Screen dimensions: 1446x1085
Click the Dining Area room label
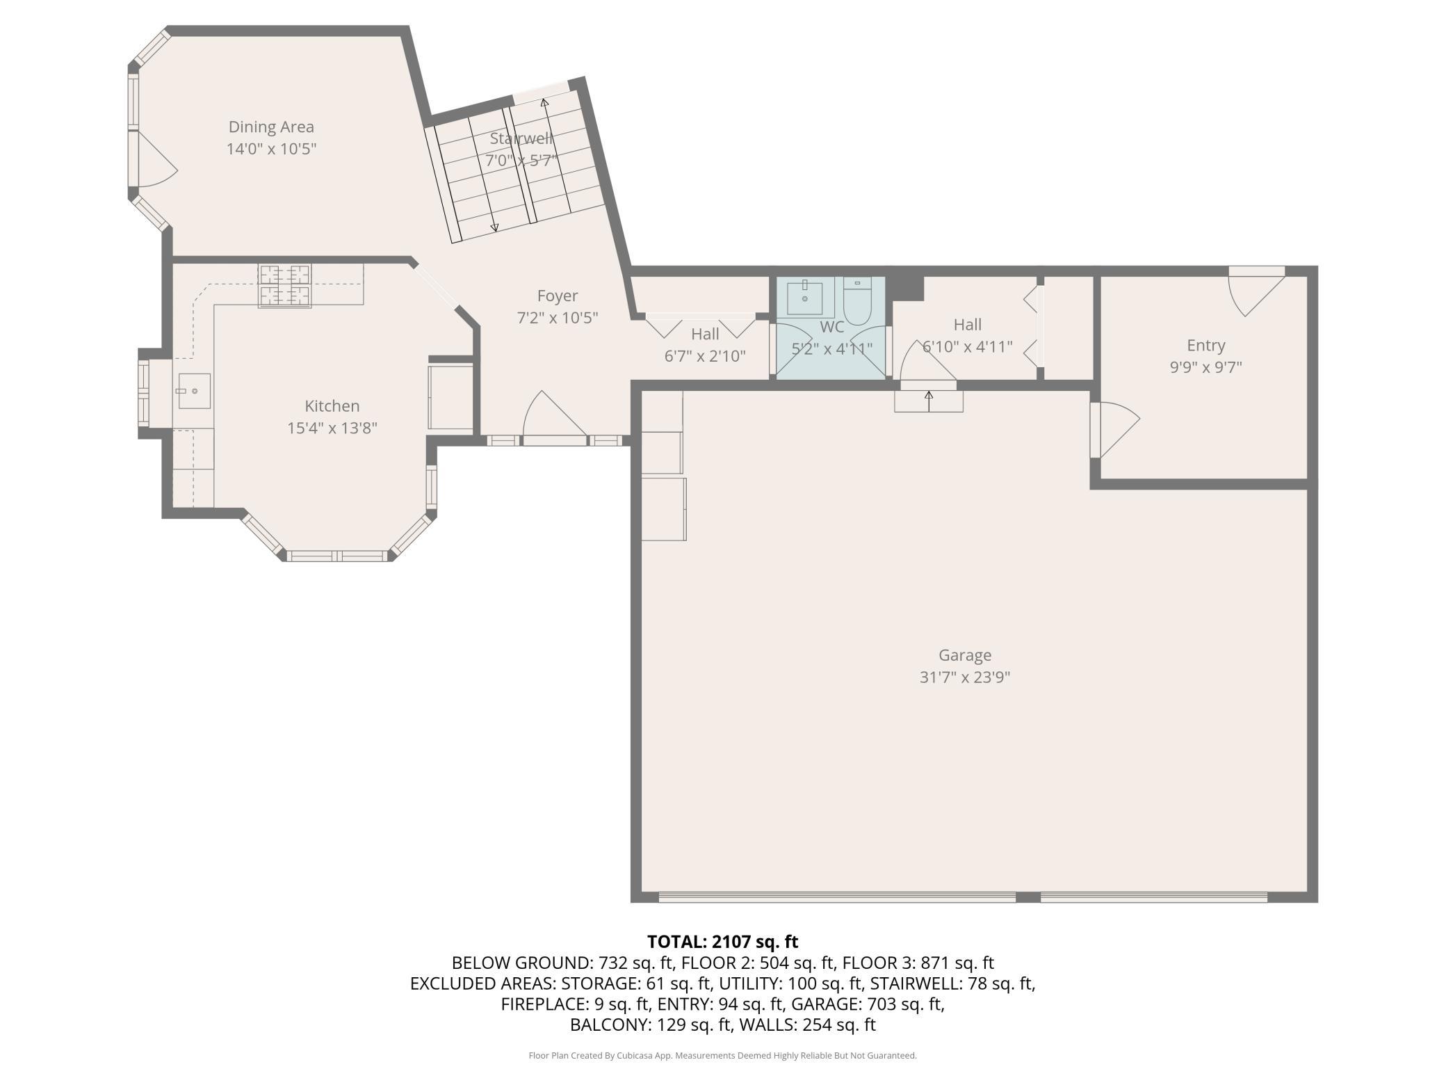tap(271, 127)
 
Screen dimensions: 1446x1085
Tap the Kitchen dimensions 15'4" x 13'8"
tap(332, 428)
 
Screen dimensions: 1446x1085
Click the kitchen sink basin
tap(194, 391)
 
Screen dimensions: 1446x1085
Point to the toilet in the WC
tap(857, 300)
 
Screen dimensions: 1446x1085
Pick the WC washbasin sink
tap(805, 298)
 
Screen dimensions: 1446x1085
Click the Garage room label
tap(965, 655)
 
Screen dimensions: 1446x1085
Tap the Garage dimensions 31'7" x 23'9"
tap(965, 677)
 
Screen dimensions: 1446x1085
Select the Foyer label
tap(558, 296)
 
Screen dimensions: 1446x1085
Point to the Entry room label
tap(1206, 346)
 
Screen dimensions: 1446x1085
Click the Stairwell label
tap(521, 138)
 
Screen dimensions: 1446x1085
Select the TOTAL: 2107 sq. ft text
tap(723, 942)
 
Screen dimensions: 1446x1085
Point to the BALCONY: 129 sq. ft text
tap(651, 1025)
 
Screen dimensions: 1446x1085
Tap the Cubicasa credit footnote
tap(723, 1056)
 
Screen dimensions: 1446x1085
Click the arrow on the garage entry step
tap(929, 401)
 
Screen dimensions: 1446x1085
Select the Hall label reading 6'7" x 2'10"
tap(705, 345)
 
